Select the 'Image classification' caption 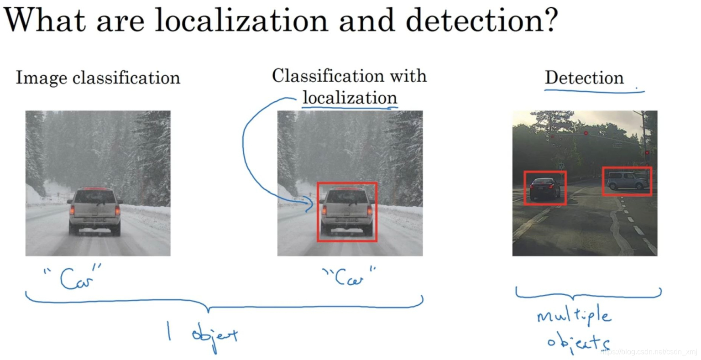pyautogui.click(x=98, y=78)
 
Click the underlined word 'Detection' pyautogui.click(x=584, y=78)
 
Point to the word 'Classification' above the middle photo pyautogui.click(x=321, y=76)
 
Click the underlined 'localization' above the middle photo pyautogui.click(x=350, y=98)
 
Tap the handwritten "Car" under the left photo pyautogui.click(x=73, y=277)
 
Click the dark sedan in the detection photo pyautogui.click(x=544, y=188)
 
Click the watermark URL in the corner pyautogui.click(x=648, y=352)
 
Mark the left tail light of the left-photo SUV pyautogui.click(x=72, y=210)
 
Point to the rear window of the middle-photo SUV pyautogui.click(x=347, y=197)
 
